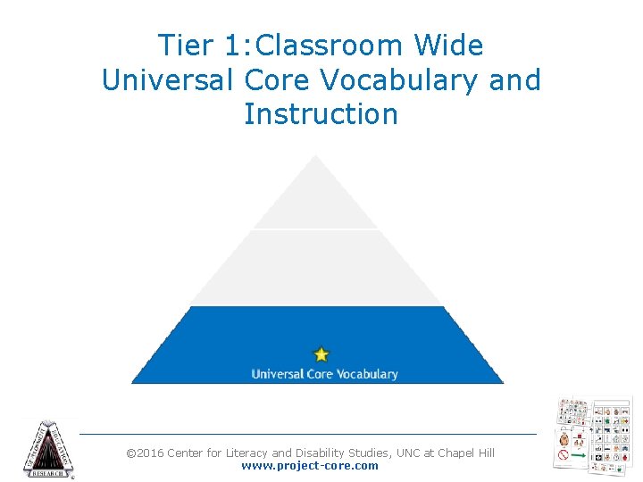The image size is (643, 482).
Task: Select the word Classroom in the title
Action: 315,46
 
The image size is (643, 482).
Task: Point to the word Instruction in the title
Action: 321,114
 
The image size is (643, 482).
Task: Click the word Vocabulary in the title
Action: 402,80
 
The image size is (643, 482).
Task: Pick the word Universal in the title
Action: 168,80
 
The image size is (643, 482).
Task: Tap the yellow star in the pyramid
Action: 321,355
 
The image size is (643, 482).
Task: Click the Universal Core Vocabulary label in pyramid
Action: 324,374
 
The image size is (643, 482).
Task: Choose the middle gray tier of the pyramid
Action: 317,268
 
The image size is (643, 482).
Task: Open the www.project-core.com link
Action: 310,466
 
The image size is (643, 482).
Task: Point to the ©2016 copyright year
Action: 145,453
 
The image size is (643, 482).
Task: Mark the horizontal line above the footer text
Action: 308,435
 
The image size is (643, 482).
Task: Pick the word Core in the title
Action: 279,80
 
